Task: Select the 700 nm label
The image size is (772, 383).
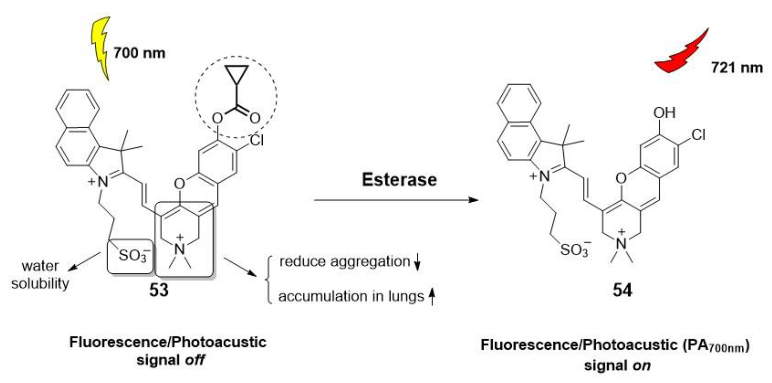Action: point(139,53)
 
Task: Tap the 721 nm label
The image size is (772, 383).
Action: point(736,68)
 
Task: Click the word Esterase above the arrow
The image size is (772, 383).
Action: point(399,180)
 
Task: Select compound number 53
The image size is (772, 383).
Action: point(159,290)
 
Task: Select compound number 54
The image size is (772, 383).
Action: point(622,290)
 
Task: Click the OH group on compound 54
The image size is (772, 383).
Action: point(664,113)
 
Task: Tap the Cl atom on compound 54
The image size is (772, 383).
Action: point(698,135)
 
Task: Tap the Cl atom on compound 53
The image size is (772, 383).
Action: point(257,140)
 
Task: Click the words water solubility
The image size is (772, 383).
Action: point(40,275)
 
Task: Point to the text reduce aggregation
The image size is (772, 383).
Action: point(345,261)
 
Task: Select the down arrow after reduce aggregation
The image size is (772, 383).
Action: point(417,262)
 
